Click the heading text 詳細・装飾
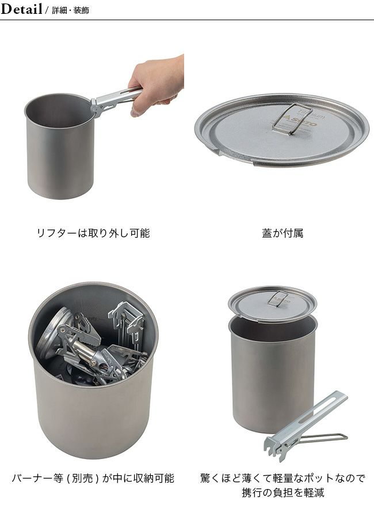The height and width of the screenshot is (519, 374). pyautogui.click(x=70, y=10)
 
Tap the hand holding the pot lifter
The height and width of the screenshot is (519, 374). pyautogui.click(x=157, y=84)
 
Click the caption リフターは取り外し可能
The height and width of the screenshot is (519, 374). pyautogui.click(x=93, y=234)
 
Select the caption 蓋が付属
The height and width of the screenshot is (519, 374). pyautogui.click(x=283, y=234)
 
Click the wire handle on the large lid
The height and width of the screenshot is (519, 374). pyautogui.click(x=293, y=118)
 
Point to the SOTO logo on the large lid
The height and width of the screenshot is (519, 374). pyautogui.click(x=299, y=122)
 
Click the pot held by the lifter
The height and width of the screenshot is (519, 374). pyautogui.click(x=59, y=146)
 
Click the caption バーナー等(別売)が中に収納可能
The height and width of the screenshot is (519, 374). pyautogui.click(x=93, y=478)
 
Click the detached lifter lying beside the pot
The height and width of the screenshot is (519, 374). pyautogui.click(x=306, y=426)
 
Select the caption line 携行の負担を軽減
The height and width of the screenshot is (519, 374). pyautogui.click(x=283, y=493)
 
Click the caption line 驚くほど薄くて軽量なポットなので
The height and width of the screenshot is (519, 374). pyautogui.click(x=283, y=478)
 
